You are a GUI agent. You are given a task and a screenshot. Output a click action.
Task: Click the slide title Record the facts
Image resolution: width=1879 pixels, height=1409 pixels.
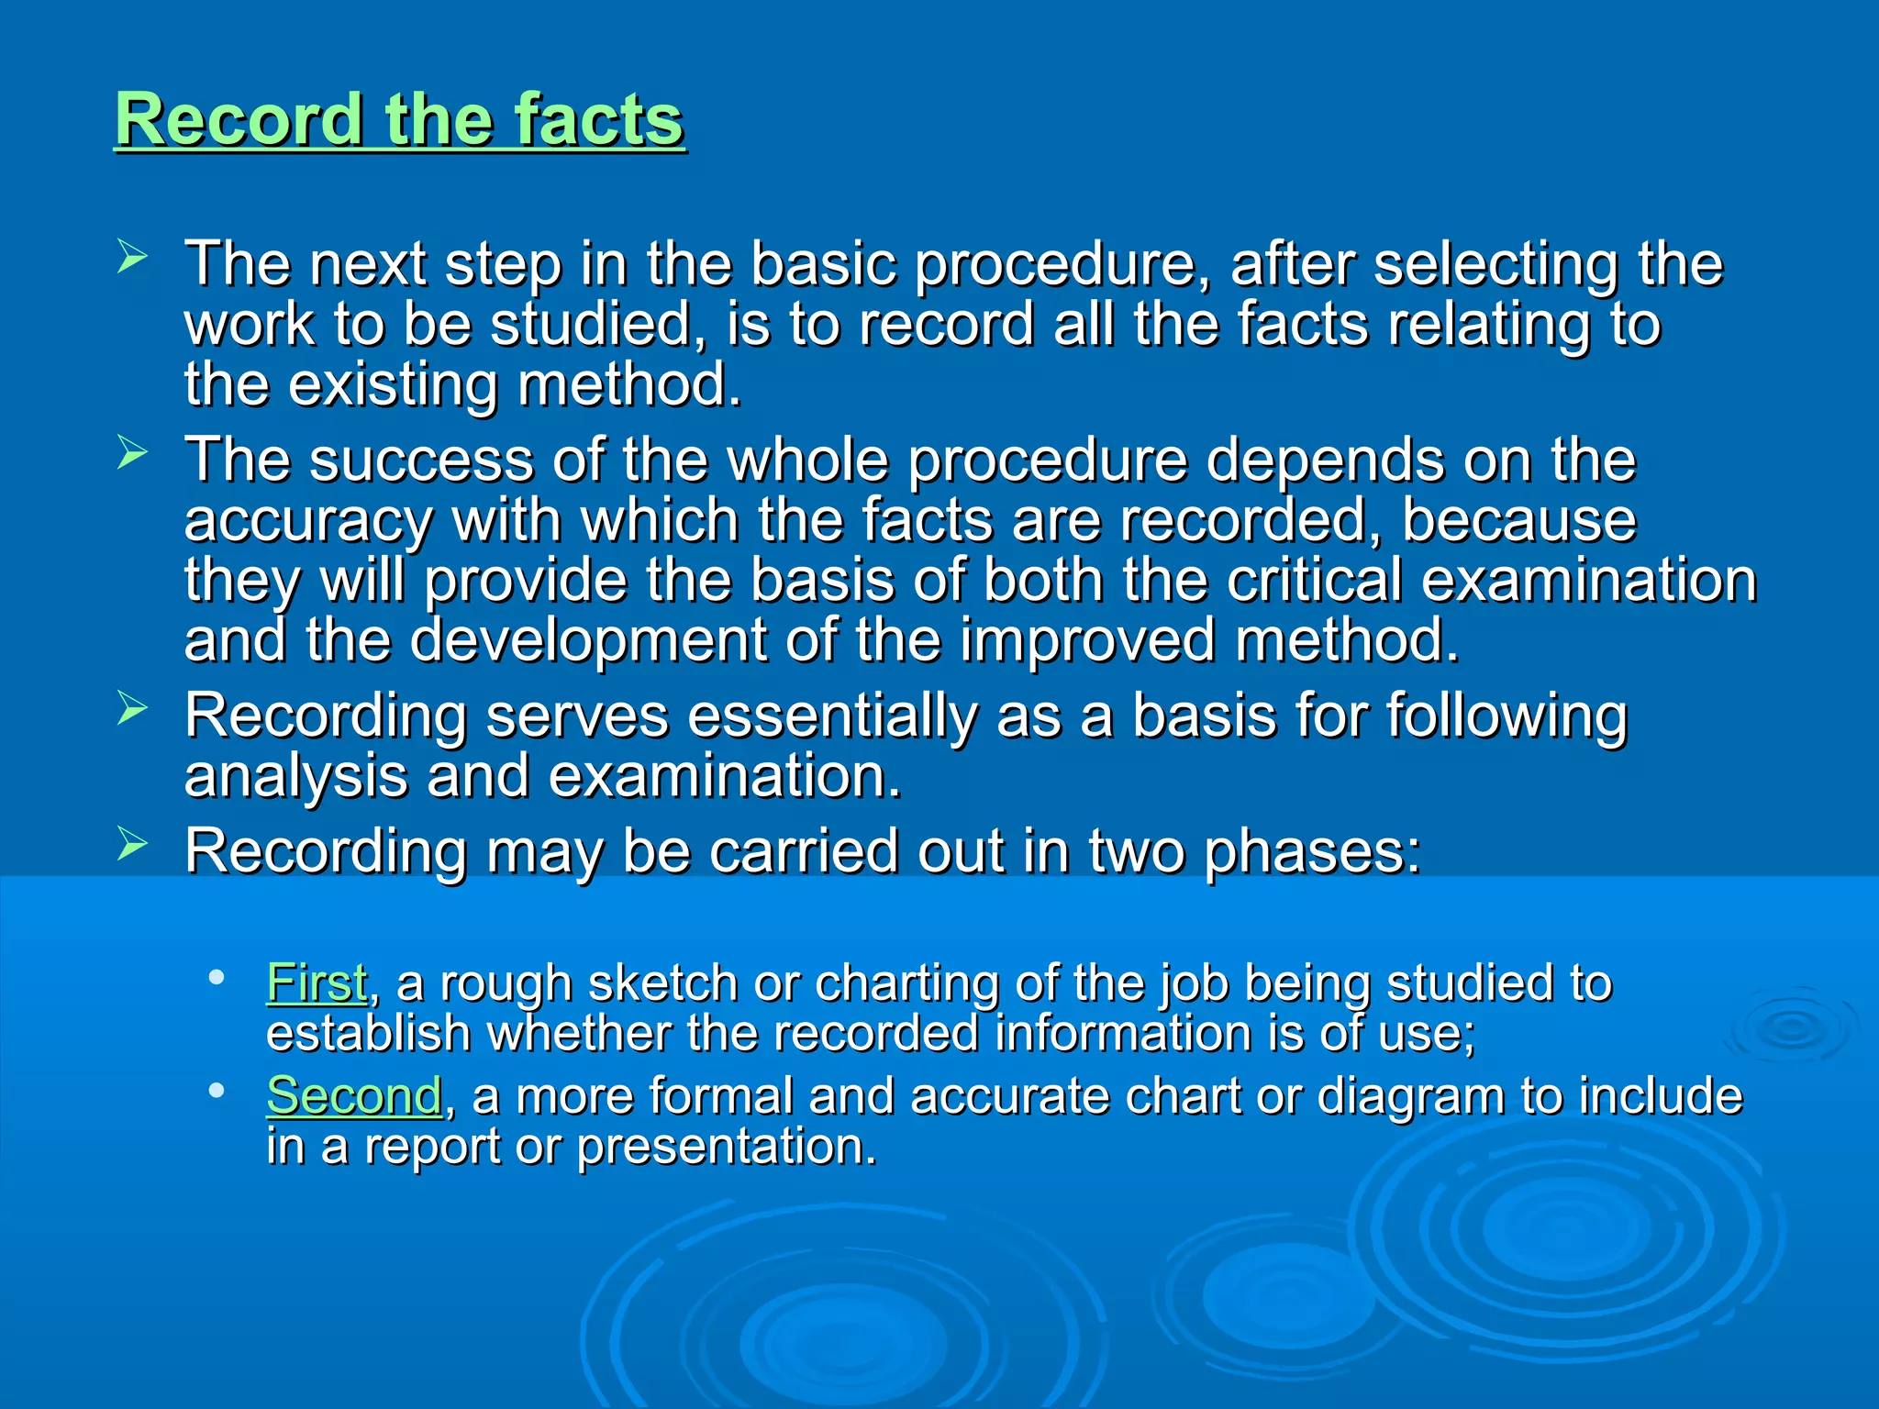point(399,120)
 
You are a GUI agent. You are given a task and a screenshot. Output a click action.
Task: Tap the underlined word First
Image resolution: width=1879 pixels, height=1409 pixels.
point(317,982)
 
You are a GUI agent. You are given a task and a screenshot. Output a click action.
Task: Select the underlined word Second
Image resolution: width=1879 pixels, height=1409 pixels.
point(354,1095)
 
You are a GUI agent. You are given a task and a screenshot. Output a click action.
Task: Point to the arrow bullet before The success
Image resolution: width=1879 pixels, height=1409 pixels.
point(132,452)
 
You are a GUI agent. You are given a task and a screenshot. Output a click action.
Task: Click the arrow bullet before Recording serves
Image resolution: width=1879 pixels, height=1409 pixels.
point(132,708)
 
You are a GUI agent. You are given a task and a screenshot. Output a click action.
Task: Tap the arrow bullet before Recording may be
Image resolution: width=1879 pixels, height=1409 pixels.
point(132,844)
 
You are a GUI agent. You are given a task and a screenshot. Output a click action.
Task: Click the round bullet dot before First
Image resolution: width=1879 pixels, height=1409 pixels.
point(217,978)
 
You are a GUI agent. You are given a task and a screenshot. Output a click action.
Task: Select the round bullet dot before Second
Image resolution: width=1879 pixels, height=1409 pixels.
point(217,1091)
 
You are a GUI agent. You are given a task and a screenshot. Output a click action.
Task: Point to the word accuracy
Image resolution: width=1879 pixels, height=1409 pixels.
point(308,521)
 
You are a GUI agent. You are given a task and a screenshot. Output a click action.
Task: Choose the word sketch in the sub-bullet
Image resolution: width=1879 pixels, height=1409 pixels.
point(662,983)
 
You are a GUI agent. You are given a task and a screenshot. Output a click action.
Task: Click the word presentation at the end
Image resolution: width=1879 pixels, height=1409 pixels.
point(726,1147)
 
